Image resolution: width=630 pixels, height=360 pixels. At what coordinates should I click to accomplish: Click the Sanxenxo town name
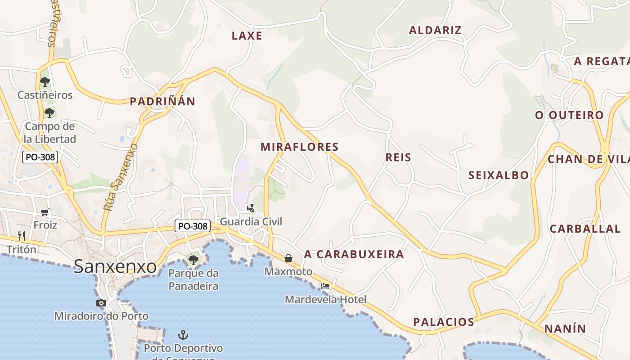click(x=115, y=266)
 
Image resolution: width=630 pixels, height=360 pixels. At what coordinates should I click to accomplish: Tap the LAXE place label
click(x=247, y=36)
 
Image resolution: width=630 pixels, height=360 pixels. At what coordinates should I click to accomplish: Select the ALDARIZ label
click(x=435, y=30)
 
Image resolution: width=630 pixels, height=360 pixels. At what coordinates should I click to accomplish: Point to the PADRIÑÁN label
click(x=162, y=102)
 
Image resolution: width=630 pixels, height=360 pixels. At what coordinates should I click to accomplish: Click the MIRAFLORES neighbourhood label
click(x=299, y=147)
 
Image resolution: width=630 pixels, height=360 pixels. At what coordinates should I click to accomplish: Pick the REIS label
click(x=398, y=157)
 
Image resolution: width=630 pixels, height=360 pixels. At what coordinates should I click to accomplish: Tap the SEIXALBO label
click(x=499, y=175)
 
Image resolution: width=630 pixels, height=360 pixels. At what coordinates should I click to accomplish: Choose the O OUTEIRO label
click(x=569, y=115)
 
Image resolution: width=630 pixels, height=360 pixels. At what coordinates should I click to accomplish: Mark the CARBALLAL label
click(x=585, y=229)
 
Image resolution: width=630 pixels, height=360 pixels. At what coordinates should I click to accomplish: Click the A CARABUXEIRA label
click(x=354, y=254)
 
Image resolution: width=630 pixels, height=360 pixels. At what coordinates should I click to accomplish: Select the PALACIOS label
click(x=444, y=322)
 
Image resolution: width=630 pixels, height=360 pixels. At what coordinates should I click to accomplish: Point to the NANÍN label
click(x=565, y=329)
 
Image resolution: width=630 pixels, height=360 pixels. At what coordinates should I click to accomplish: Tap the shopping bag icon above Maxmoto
click(x=288, y=258)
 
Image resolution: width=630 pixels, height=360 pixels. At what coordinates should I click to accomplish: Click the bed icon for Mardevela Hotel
click(x=325, y=286)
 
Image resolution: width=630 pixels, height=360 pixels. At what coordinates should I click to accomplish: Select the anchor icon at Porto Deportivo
click(x=183, y=335)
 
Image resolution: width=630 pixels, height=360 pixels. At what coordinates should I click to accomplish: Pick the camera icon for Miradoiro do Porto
click(x=101, y=303)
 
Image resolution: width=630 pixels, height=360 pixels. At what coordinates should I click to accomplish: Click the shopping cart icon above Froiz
click(x=45, y=212)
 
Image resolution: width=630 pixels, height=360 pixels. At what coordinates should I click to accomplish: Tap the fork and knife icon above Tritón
click(x=21, y=236)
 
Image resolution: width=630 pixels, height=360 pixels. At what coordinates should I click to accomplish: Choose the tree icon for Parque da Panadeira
click(x=193, y=260)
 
